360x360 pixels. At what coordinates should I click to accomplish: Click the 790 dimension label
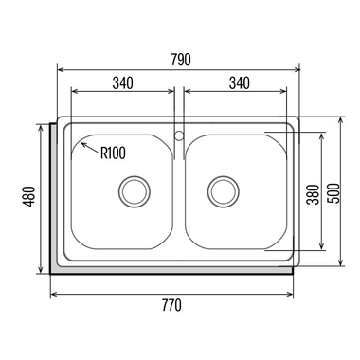click(181, 60)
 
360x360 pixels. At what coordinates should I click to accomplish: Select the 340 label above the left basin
click(123, 82)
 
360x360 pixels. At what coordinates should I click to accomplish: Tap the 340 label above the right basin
click(240, 82)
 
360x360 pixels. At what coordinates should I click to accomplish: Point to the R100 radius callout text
click(113, 153)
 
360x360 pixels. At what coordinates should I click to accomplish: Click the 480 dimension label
click(30, 196)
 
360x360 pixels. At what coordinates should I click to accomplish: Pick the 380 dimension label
click(314, 194)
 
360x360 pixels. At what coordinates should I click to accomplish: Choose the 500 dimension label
click(333, 193)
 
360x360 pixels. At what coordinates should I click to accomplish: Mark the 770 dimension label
click(171, 305)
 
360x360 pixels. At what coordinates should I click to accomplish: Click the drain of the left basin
click(135, 191)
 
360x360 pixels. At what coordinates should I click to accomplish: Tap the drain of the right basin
click(224, 191)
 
